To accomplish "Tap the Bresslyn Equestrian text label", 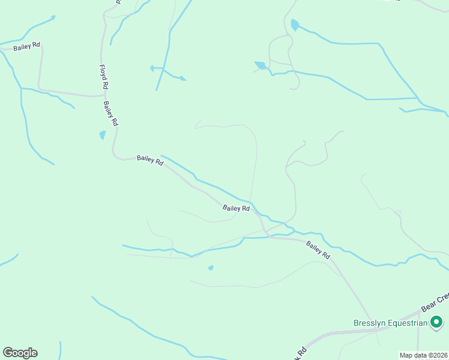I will coord(390,323).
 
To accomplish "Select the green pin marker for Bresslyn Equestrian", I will coord(438,322).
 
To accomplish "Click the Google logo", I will coord(20,353).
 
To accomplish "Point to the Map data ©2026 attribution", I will coord(424,355).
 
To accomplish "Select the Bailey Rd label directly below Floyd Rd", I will coord(111,113).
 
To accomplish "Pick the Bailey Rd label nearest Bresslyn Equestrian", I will coord(318,250).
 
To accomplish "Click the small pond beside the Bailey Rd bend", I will coord(102,135).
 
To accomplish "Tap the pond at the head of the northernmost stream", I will coord(294,25).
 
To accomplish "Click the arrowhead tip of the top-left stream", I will coord(54,17).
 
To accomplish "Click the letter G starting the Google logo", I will coord(8,353).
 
